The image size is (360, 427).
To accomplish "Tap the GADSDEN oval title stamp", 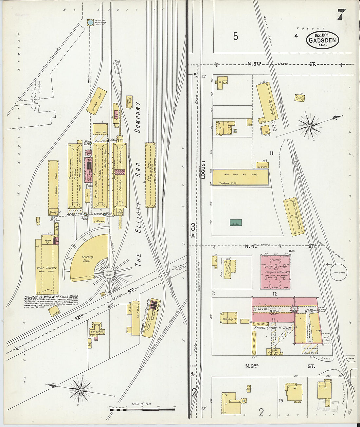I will (322, 40).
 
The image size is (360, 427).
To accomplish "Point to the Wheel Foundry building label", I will (46, 268).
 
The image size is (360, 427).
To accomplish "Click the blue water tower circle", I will (90, 23).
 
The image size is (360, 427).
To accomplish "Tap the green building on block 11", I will (236, 222).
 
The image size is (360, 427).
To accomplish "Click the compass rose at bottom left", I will (80, 390).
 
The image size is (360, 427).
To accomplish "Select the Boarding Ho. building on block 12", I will (229, 317).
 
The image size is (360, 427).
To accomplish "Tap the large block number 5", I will (236, 37).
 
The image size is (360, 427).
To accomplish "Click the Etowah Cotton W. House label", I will (273, 328).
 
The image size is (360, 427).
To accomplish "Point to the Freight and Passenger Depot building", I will (294, 216).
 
